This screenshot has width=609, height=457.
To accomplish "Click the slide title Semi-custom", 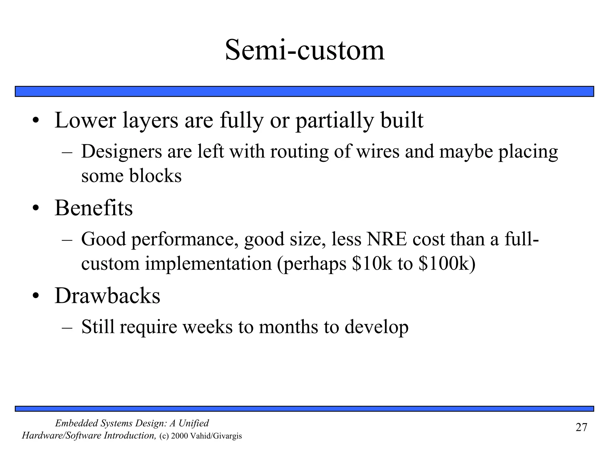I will [x=304, y=50].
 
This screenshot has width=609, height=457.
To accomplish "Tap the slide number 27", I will [x=581, y=427].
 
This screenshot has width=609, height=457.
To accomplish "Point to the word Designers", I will [x=122, y=152].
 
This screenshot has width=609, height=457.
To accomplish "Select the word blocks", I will [x=155, y=176].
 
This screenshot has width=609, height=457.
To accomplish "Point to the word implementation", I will [x=208, y=264].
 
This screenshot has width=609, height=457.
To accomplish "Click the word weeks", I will [x=208, y=327].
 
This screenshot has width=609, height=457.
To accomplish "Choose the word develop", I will [x=376, y=327].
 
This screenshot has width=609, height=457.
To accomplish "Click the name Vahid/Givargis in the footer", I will [x=216, y=436].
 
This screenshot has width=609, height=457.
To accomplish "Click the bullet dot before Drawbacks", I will [x=36, y=297].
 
